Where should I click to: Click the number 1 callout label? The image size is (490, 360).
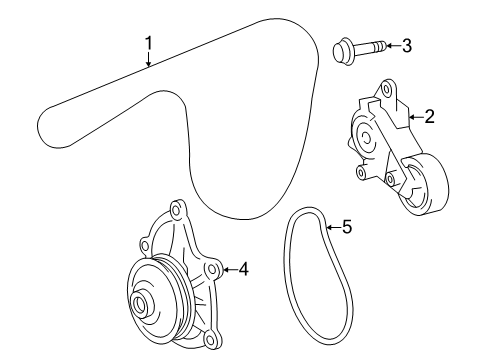(x=148, y=42)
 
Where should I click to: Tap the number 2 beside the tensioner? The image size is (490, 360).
(x=429, y=117)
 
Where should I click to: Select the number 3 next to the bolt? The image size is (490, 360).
(x=407, y=45)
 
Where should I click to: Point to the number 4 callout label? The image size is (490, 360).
(x=243, y=268)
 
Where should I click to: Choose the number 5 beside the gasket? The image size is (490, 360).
(x=346, y=227)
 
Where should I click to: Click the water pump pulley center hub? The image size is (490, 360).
(x=142, y=305)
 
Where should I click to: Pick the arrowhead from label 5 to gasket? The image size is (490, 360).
(x=327, y=228)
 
